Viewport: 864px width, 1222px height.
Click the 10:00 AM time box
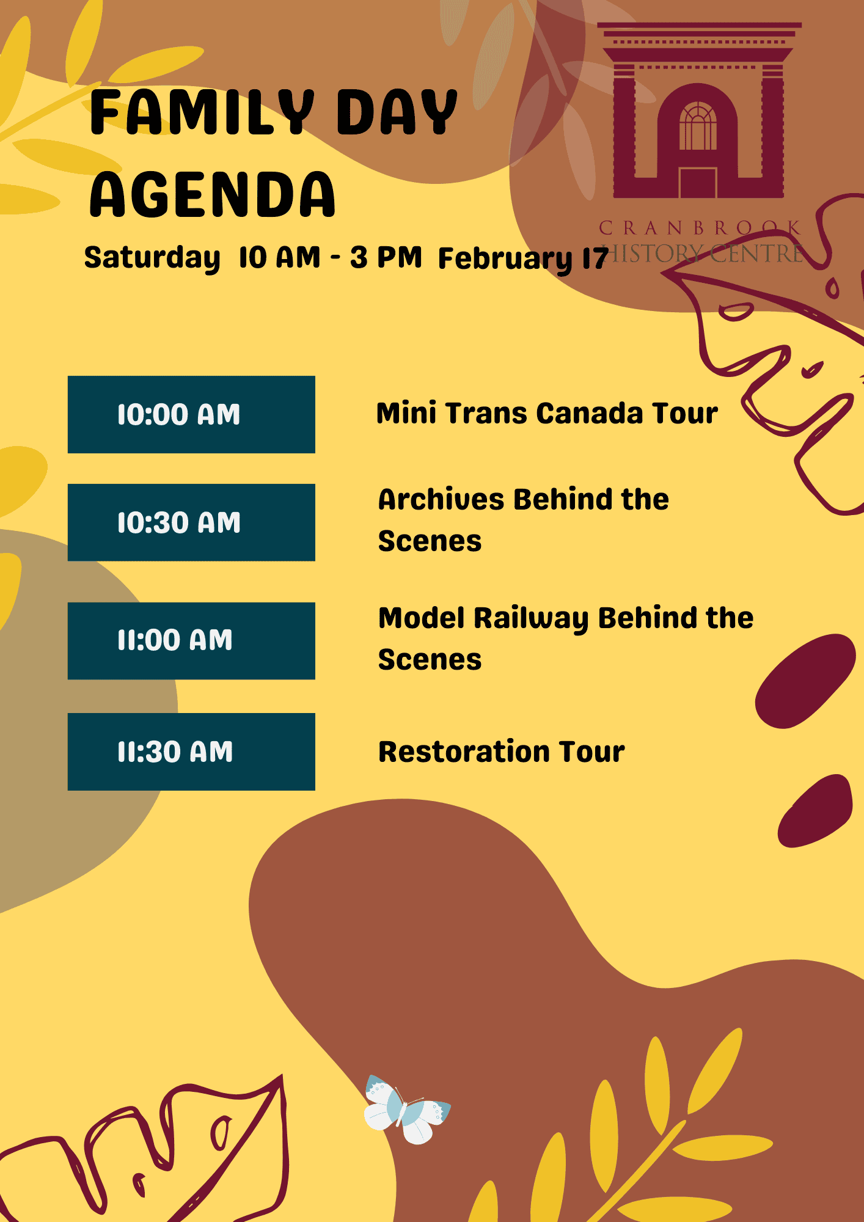[x=191, y=414]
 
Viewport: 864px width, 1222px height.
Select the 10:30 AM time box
[x=191, y=522]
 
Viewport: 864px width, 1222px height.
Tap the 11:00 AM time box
[x=191, y=641]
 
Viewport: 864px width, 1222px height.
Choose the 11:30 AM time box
[x=191, y=752]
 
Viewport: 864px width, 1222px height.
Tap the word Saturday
[x=152, y=258]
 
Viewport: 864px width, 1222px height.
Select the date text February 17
[x=523, y=259]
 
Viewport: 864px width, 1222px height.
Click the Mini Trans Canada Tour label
[x=547, y=413]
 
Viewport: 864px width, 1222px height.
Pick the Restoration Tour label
[x=502, y=752]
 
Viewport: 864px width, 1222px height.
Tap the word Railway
[x=531, y=619]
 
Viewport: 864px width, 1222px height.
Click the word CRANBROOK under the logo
[x=700, y=228]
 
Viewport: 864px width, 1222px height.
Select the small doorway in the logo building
[x=698, y=182]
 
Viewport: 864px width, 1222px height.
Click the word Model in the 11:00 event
[x=422, y=618]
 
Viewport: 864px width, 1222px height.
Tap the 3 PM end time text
[x=386, y=257]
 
